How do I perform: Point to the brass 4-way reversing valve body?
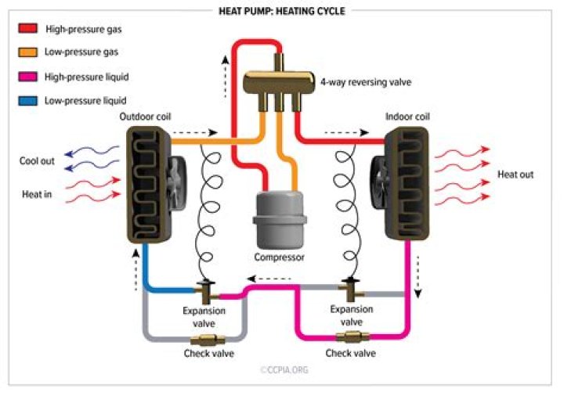(279, 81)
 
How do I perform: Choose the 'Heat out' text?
(515, 175)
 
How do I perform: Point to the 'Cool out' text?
(37, 161)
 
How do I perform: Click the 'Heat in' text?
(37, 194)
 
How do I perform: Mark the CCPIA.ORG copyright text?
(284, 369)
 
